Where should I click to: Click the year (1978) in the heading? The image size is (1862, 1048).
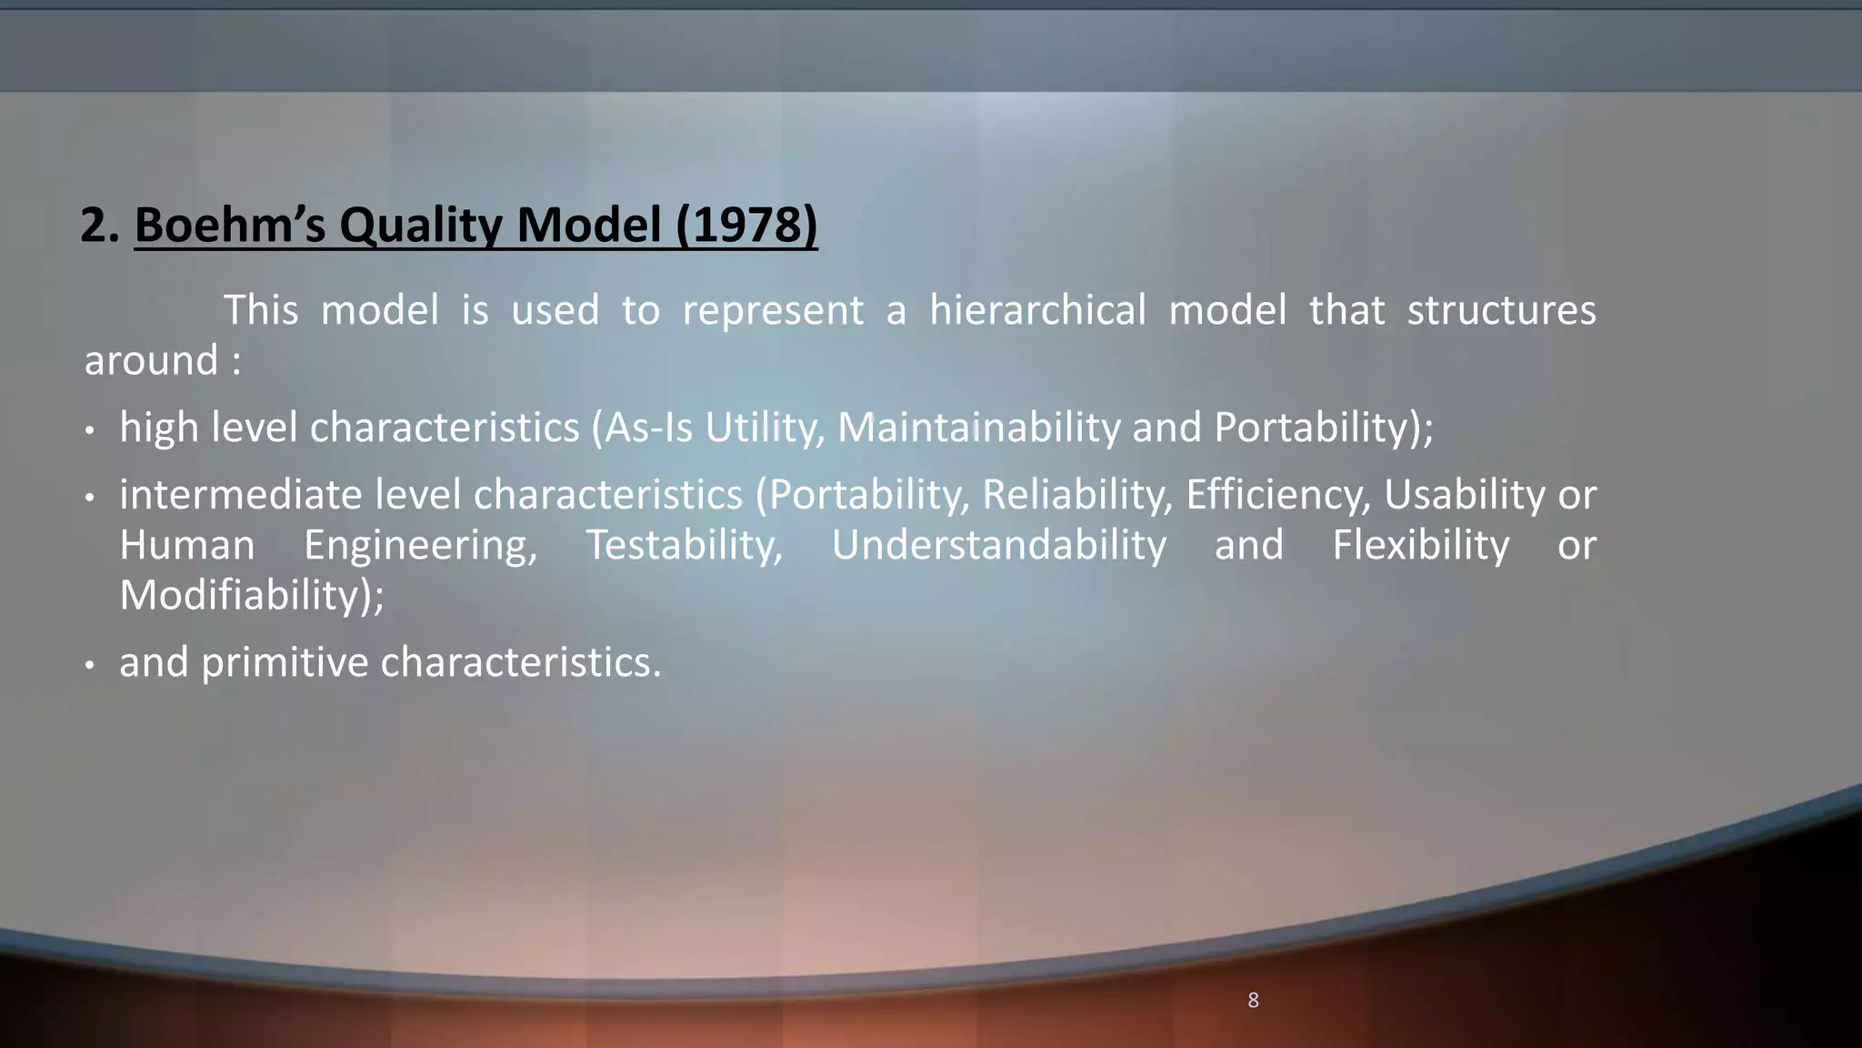click(746, 225)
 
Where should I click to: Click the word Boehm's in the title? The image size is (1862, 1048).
click(229, 225)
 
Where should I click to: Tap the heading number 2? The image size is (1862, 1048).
click(99, 225)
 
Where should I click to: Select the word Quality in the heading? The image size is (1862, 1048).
click(420, 225)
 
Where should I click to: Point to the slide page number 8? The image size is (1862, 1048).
click(1253, 1001)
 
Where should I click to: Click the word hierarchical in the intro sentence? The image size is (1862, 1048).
click(1037, 310)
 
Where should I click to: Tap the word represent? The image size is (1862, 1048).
click(772, 310)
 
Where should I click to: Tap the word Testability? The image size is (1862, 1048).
click(683, 545)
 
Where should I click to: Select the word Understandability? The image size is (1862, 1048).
click(998, 545)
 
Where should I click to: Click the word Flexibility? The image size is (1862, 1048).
click(1420, 545)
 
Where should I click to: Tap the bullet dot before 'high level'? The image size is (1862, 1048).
click(89, 430)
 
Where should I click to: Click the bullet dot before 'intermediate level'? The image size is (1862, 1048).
click(89, 498)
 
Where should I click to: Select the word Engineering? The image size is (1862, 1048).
click(420, 545)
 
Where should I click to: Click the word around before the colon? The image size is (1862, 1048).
click(151, 360)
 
